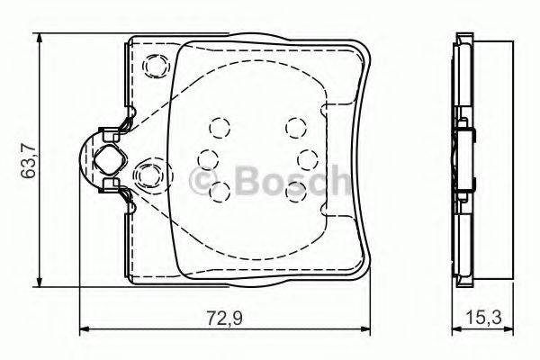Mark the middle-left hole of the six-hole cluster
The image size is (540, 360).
coord(207,158)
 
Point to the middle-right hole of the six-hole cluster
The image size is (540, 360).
coord(306,158)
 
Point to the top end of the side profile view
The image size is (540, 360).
coord(465,39)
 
